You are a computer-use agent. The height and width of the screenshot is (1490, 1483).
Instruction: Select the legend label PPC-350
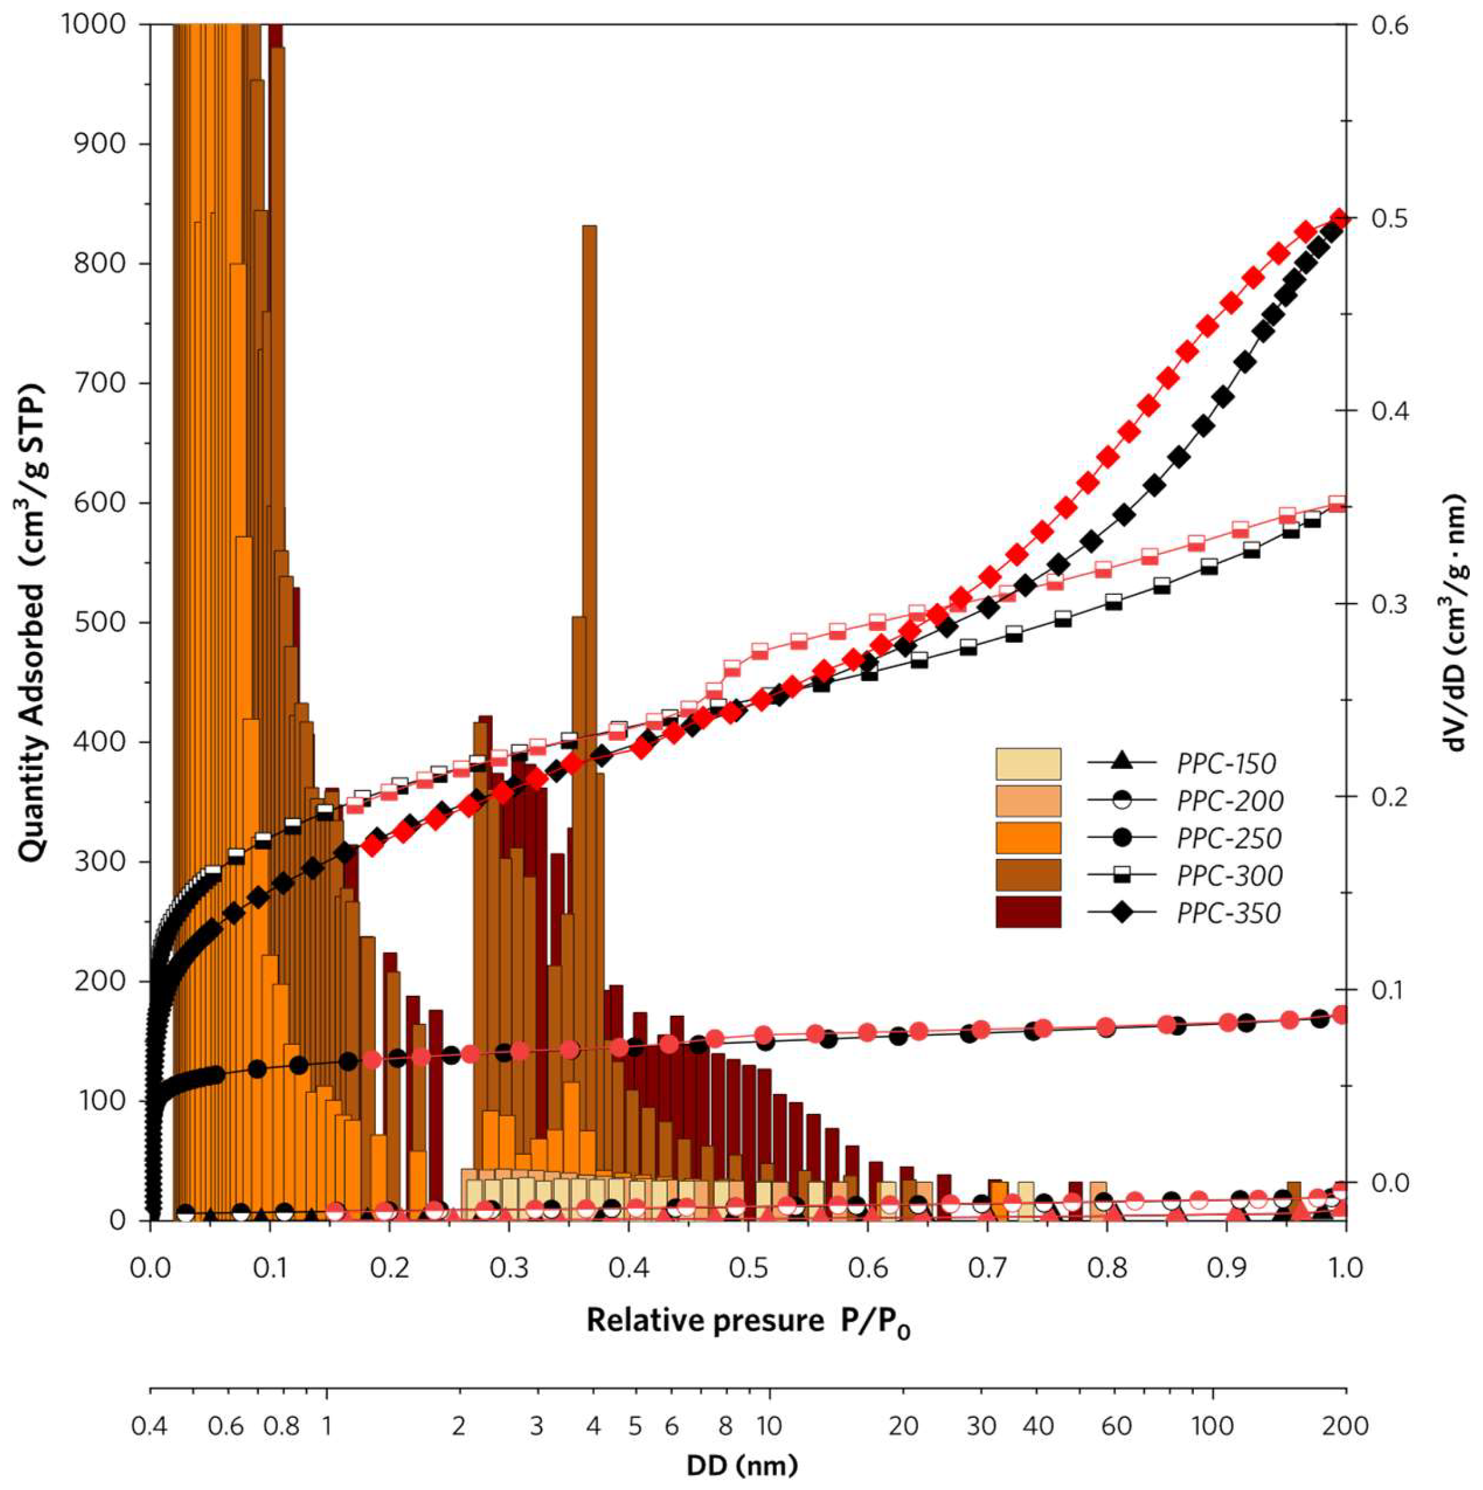click(1229, 913)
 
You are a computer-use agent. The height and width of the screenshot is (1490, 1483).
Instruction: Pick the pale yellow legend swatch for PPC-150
click(1028, 763)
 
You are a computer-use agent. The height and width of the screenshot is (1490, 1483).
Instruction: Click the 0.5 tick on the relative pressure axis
click(748, 1269)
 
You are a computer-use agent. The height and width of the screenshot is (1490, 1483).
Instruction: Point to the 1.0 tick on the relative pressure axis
click(1346, 1269)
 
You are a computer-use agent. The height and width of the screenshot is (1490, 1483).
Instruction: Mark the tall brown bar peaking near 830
click(589, 462)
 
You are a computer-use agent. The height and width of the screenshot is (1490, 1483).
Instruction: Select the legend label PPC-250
click(1229, 839)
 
